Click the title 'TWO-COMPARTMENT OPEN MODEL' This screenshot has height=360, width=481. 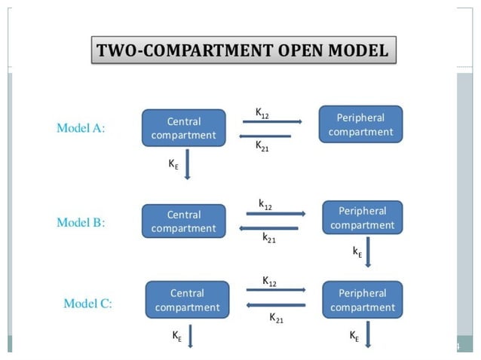(242, 52)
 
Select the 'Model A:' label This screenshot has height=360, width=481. (81, 128)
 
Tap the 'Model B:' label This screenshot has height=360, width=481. (81, 223)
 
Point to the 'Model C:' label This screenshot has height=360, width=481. (87, 304)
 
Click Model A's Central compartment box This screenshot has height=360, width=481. (183, 128)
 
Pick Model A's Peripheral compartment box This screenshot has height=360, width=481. (360, 124)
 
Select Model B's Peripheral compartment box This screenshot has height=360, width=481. (362, 218)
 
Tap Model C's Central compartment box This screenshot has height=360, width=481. (187, 300)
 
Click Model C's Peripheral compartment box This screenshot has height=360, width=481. (362, 300)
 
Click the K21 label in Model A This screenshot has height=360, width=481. (262, 146)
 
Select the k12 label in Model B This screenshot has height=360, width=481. (265, 204)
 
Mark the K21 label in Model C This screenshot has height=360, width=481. (277, 318)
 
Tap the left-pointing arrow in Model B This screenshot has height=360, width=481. (268, 228)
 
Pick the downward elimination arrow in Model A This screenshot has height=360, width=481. (188, 165)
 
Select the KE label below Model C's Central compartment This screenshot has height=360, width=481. (176, 337)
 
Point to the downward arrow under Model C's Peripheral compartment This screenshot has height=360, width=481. (368, 335)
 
